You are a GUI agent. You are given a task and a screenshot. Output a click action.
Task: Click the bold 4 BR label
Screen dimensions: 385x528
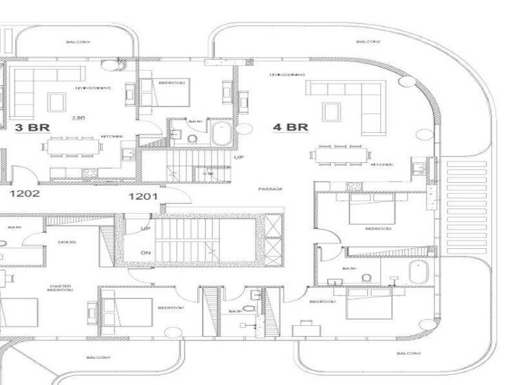(289, 127)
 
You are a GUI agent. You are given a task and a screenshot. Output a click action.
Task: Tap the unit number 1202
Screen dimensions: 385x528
(24, 194)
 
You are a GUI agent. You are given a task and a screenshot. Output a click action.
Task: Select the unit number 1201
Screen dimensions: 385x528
(144, 197)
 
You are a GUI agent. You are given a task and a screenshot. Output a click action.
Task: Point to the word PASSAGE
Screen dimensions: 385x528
(270, 189)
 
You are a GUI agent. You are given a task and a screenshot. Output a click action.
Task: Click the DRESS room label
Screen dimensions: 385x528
(67, 242)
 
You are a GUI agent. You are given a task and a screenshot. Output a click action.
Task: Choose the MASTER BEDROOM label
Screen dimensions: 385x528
(60, 289)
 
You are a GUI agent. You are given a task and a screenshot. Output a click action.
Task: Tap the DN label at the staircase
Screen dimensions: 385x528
(146, 253)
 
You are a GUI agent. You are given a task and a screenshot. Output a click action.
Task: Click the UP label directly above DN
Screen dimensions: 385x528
(146, 229)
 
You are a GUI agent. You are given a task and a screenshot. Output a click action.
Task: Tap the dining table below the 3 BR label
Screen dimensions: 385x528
(71, 146)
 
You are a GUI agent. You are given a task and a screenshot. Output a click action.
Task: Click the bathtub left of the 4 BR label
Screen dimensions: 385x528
(221, 134)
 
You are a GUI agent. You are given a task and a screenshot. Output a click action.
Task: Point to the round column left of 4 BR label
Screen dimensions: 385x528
(243, 127)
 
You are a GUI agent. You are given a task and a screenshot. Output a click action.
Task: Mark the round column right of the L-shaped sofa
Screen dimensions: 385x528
(408, 81)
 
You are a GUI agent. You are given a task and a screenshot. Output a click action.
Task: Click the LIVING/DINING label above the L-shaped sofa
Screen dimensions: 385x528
(287, 74)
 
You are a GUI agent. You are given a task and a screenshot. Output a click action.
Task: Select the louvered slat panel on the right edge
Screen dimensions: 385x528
(467, 207)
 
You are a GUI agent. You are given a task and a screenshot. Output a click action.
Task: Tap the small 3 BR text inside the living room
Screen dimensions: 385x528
(78, 118)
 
